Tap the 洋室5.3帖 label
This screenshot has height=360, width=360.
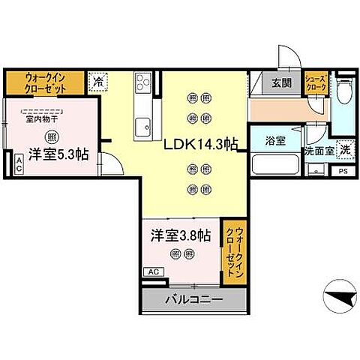pyautogui.click(x=58, y=155)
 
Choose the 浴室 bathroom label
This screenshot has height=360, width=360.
pyautogui.click(x=275, y=141)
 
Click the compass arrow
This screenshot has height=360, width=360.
pyautogui.click(x=340, y=298)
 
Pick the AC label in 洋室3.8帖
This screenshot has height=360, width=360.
pyautogui.click(x=152, y=271)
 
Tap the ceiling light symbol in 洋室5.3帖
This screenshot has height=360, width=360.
pyautogui.click(x=51, y=136)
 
